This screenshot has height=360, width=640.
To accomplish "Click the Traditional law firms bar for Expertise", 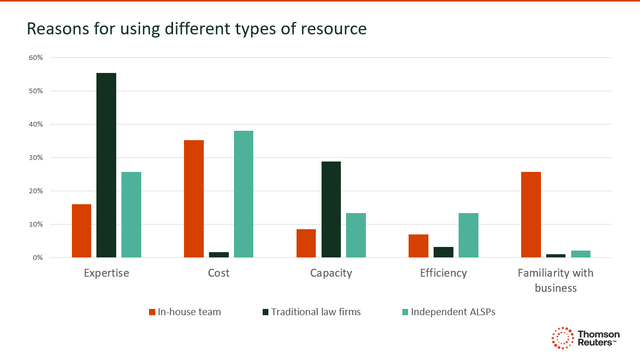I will pos(106,165).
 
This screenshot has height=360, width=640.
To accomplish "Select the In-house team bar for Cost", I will pos(194,198).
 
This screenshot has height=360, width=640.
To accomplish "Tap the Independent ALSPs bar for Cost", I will pos(243,194).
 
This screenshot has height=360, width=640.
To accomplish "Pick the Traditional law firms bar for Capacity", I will pos(331,209).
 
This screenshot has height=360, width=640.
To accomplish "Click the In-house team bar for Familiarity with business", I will pos(531,215).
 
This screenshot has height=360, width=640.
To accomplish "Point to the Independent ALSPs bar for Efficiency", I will pos(468,235).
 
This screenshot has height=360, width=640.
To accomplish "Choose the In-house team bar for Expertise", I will pos(81,231).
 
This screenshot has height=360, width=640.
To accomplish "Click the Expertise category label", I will pos(106,273).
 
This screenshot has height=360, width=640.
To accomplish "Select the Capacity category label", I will pos(331,273).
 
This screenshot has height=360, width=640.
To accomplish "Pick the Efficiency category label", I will pos(444,273).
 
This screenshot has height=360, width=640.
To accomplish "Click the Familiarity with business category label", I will pos(556,280).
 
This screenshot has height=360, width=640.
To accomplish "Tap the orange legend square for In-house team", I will pos(152,312).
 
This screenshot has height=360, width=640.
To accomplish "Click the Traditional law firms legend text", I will pos(316,312).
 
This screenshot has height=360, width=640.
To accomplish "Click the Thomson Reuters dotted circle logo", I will pos(562,338).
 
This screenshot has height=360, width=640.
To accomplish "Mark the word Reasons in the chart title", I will pos(56,29).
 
